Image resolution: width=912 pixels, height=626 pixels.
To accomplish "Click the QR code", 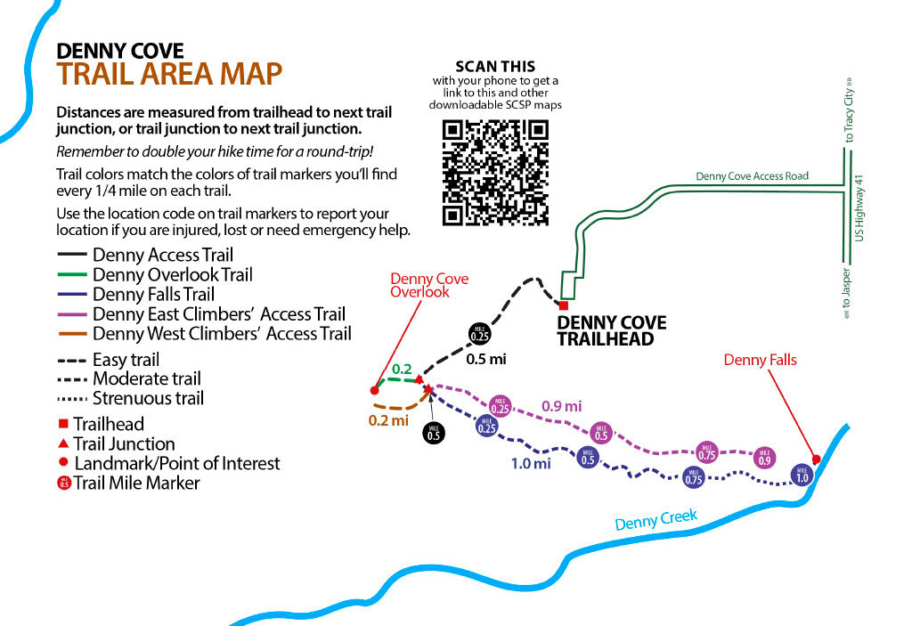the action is (495, 172).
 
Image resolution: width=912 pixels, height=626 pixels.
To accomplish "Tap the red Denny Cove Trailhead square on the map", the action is (564, 305).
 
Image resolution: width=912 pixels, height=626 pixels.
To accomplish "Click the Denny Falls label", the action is (761, 360).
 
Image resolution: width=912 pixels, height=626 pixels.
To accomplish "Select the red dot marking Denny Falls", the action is (816, 459).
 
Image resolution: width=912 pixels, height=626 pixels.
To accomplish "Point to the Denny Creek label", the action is (656, 519).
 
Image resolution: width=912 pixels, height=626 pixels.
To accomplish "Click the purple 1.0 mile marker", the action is (802, 476).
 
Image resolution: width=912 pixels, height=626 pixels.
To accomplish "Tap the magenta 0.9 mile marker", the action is (765, 459).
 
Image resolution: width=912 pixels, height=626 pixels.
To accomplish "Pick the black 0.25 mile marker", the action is (480, 334).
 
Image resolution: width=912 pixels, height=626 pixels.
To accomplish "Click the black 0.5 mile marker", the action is (434, 434).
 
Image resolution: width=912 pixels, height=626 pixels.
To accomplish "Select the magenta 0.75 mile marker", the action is (706, 453).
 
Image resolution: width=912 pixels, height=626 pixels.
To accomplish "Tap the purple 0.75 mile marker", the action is (693, 477).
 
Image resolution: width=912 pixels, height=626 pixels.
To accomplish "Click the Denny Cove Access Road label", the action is (752, 175).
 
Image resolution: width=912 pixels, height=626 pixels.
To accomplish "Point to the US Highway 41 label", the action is (859, 208).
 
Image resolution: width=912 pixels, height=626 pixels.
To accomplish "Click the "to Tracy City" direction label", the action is (849, 110).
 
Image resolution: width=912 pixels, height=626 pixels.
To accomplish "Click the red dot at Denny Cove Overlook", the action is (375, 390).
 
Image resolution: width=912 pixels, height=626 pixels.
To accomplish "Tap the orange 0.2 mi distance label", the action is (388, 420).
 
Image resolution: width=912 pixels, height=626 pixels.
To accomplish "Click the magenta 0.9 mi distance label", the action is (561, 406).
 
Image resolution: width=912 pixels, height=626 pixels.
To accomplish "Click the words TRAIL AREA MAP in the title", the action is (169, 74).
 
